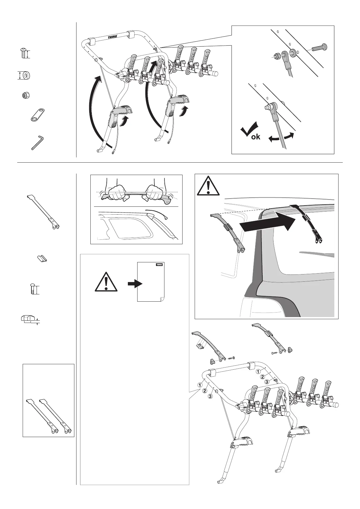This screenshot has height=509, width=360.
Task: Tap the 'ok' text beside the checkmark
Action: pos(256,137)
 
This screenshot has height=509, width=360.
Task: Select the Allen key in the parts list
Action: pos(37,142)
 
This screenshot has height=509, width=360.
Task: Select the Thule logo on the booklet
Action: pos(159,264)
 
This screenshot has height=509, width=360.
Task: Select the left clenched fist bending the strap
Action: pos(116,192)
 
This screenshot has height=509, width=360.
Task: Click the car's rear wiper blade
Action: pos(316,254)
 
